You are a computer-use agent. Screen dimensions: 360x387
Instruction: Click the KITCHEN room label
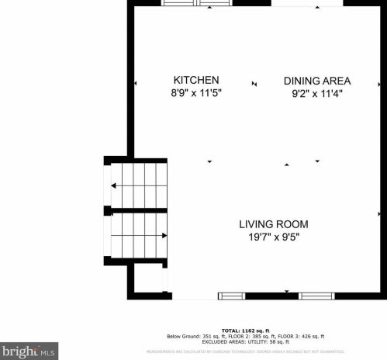tap(195, 80)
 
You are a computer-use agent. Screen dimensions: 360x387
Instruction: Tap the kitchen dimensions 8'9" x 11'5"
tap(195, 93)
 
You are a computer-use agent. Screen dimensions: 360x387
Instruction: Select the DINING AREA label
tap(316, 81)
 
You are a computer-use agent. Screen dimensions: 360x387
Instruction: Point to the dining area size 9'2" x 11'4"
tap(316, 93)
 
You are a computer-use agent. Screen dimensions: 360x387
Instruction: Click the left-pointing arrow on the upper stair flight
tap(115, 185)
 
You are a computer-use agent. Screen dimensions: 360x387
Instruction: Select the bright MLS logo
tap(29, 351)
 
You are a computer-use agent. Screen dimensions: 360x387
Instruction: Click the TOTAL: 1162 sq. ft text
tap(245, 330)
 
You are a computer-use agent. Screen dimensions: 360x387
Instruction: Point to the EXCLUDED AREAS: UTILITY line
tap(246, 341)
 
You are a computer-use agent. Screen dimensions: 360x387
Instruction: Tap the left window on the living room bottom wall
tap(231, 296)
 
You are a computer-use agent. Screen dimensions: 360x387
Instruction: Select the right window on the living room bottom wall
tap(316, 296)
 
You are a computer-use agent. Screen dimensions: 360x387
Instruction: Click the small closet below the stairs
tap(147, 279)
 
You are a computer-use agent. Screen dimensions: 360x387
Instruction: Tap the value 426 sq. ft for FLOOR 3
tap(311, 335)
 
